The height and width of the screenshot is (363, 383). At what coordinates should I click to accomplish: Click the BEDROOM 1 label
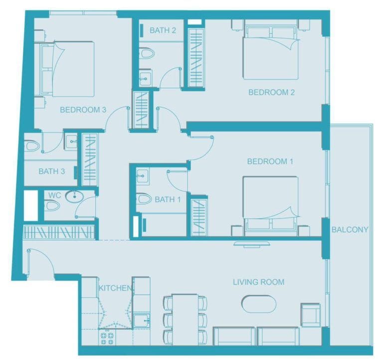(270, 161)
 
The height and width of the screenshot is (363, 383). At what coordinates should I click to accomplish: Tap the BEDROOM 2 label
(271, 92)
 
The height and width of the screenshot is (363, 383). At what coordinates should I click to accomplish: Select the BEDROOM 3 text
(83, 110)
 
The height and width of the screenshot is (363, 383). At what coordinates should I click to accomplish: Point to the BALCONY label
(350, 230)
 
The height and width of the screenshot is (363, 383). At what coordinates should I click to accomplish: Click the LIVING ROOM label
(258, 282)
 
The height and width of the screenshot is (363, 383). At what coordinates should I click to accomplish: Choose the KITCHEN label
(115, 288)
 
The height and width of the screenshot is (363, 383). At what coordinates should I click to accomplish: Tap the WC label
(54, 195)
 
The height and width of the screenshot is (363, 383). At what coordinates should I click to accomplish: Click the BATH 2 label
(163, 30)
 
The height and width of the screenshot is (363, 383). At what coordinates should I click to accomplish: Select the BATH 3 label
(52, 171)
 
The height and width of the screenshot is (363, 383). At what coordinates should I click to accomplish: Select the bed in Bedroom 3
(68, 68)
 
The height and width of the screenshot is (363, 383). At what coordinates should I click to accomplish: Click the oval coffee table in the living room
(258, 304)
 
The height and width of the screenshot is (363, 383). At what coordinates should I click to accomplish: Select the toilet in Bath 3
(33, 146)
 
